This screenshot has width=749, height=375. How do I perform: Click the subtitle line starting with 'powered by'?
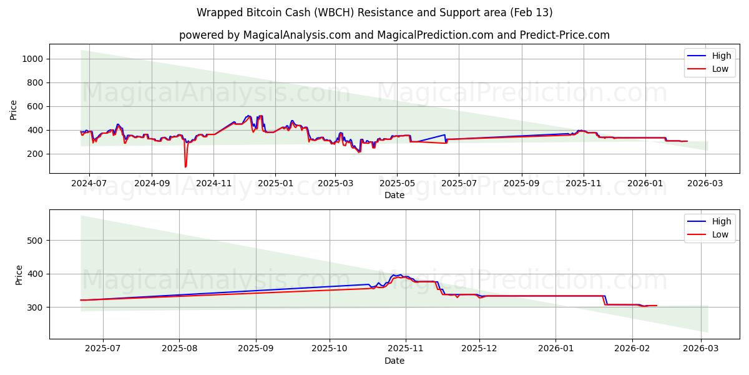pos(394,35)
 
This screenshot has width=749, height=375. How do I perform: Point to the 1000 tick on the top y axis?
pos(32,59)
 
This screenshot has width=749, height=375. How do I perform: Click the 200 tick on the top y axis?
pos(35,154)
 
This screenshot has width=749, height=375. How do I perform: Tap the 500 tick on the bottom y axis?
pos(35,241)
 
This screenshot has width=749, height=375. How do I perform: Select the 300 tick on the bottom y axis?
pos(35,307)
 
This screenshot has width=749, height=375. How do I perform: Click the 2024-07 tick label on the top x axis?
pos(89,184)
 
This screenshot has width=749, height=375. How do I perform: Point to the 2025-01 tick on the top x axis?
pos(275,184)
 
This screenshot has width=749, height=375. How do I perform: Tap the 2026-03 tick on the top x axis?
pos(705,184)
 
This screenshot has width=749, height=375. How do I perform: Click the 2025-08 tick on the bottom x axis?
pos(179,349)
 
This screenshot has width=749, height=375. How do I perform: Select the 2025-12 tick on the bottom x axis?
pos(479,349)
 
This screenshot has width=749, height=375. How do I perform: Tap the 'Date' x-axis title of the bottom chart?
pos(394,361)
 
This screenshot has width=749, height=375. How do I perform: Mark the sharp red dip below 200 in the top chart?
pos(185,166)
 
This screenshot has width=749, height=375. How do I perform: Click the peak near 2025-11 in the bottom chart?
pos(399,274)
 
